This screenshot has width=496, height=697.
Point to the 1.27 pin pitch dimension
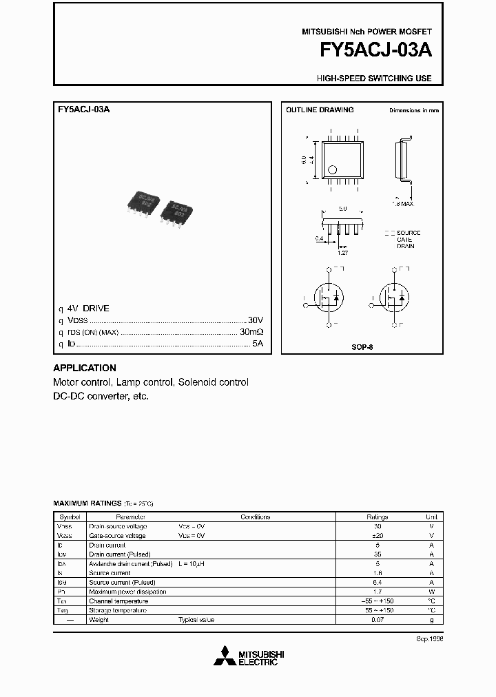pos(342,253)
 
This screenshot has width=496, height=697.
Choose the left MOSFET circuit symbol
pos(327,297)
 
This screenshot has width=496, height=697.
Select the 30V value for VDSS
pos(256,320)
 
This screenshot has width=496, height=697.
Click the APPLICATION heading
pos(85,368)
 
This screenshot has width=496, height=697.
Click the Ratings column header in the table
pos(377,517)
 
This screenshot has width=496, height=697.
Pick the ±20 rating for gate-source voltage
pos(377,535)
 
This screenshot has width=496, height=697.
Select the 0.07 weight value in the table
pos(377,620)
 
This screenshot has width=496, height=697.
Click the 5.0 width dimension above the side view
pos(342,208)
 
